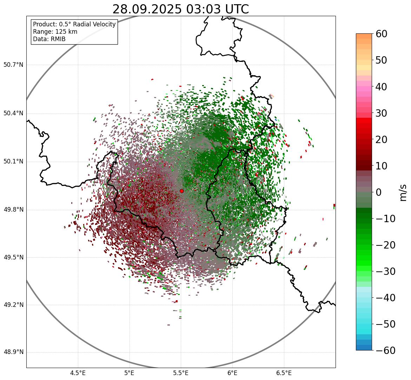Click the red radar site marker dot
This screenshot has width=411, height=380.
point(181,191)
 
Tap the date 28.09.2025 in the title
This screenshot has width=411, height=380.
point(147,9)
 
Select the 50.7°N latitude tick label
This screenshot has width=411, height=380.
point(14,65)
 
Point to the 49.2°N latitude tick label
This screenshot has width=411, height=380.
point(14,305)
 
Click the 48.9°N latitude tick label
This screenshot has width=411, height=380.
point(14,352)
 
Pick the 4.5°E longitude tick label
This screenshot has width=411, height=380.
point(78,373)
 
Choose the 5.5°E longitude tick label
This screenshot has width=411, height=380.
point(181,373)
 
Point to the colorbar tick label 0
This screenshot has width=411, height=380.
point(379,192)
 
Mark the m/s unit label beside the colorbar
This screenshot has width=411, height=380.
point(403,192)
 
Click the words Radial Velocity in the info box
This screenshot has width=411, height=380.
point(94,24)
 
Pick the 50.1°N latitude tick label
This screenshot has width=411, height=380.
point(14,162)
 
